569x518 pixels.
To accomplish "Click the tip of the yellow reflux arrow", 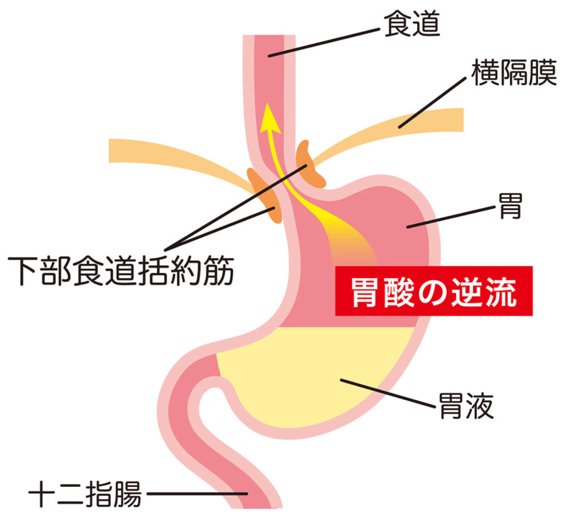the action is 267,103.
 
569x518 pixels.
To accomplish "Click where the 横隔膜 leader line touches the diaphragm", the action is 400,127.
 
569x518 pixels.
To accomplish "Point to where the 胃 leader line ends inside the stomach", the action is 408,227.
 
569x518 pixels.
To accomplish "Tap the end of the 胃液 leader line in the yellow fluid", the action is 341,380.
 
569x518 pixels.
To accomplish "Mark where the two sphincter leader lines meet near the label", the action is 166,250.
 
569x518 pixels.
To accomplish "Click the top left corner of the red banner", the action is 335,266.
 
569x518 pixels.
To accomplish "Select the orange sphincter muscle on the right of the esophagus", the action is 309,164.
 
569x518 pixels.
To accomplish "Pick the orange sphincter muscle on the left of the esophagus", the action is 265,195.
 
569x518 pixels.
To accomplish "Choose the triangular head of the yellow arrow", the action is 269,118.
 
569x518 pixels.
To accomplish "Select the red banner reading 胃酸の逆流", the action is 433,291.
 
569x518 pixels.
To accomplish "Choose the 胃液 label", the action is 466,405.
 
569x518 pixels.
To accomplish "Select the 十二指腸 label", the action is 85,493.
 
